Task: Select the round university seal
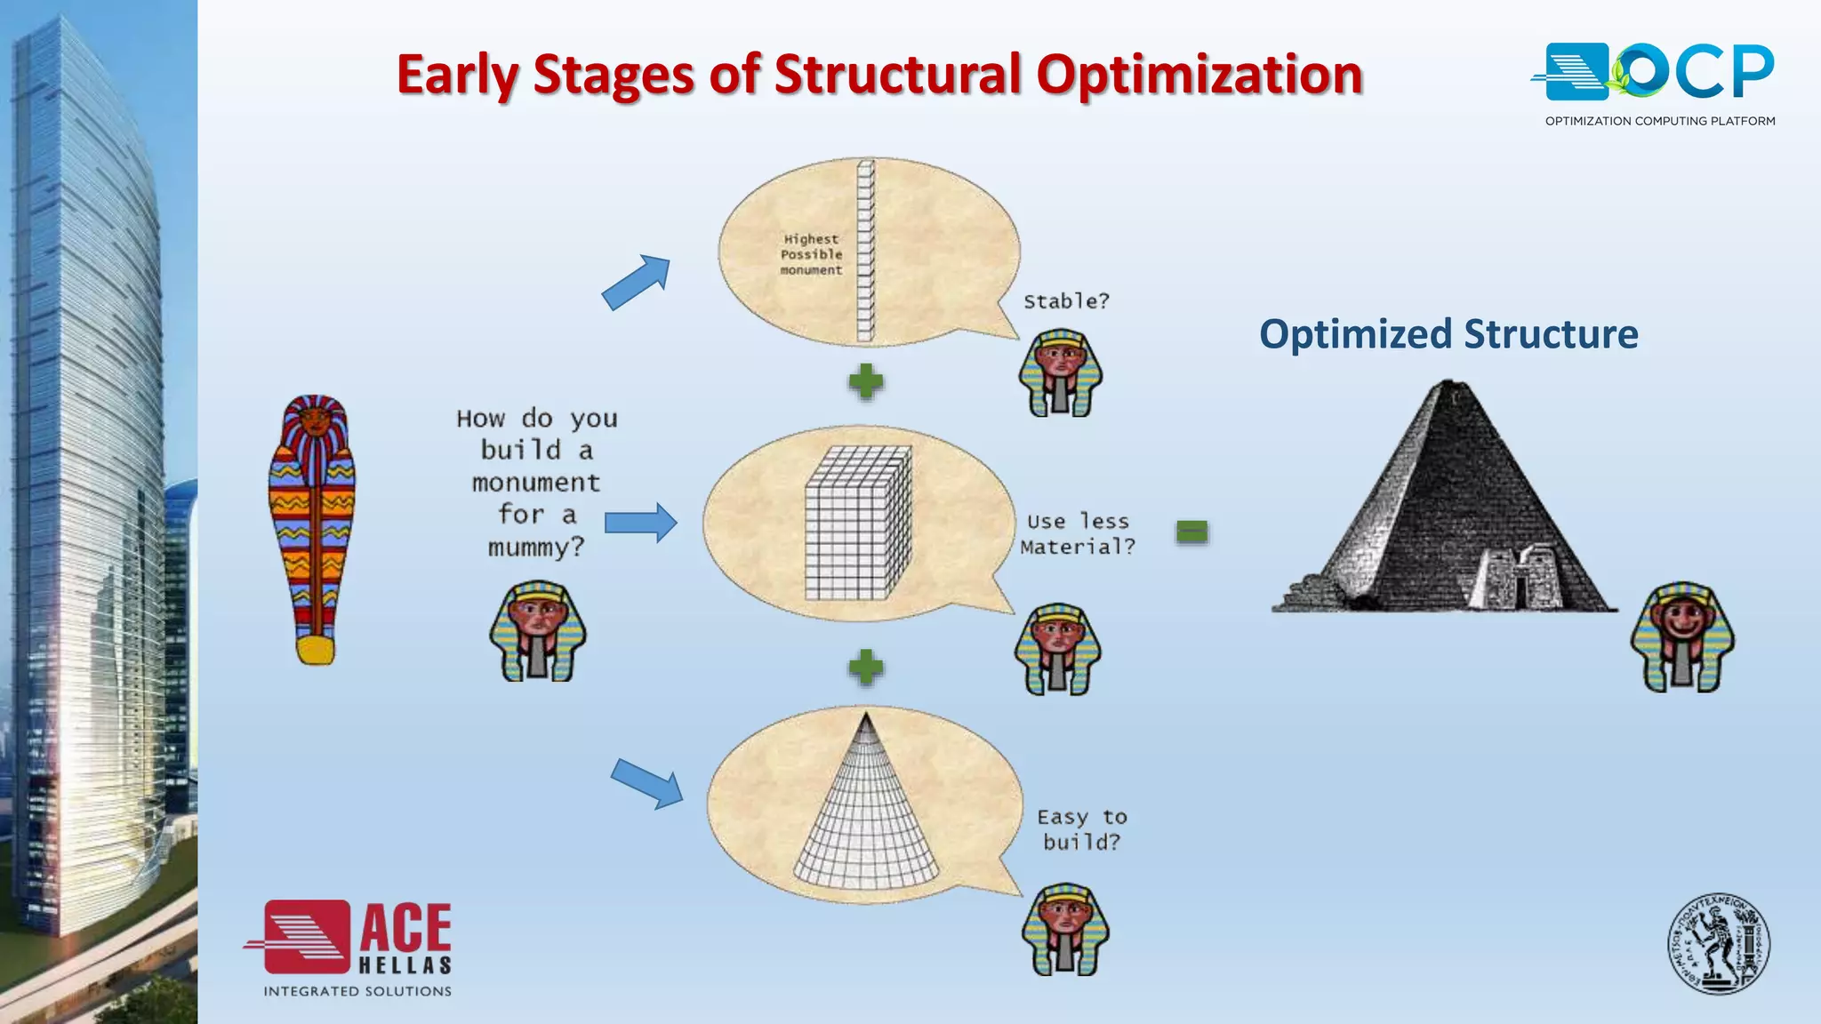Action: [x=1718, y=944]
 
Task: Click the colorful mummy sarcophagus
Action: [x=313, y=530]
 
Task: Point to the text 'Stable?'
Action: [x=1066, y=301]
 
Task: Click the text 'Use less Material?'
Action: [x=1078, y=534]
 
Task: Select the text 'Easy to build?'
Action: [x=1081, y=829]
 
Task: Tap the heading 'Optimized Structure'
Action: [x=1448, y=334]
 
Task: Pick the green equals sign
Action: [x=1191, y=532]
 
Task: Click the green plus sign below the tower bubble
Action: [x=865, y=381]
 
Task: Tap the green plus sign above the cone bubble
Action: [x=865, y=667]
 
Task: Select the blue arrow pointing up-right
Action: [x=636, y=282]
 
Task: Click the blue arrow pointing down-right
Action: [x=646, y=782]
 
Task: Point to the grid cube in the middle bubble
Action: [x=857, y=524]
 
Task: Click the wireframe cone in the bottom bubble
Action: [x=865, y=809]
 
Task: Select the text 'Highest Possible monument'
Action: [x=811, y=254]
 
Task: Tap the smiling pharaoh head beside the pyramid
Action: [x=1682, y=636]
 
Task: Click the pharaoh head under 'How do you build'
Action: [x=538, y=631]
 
